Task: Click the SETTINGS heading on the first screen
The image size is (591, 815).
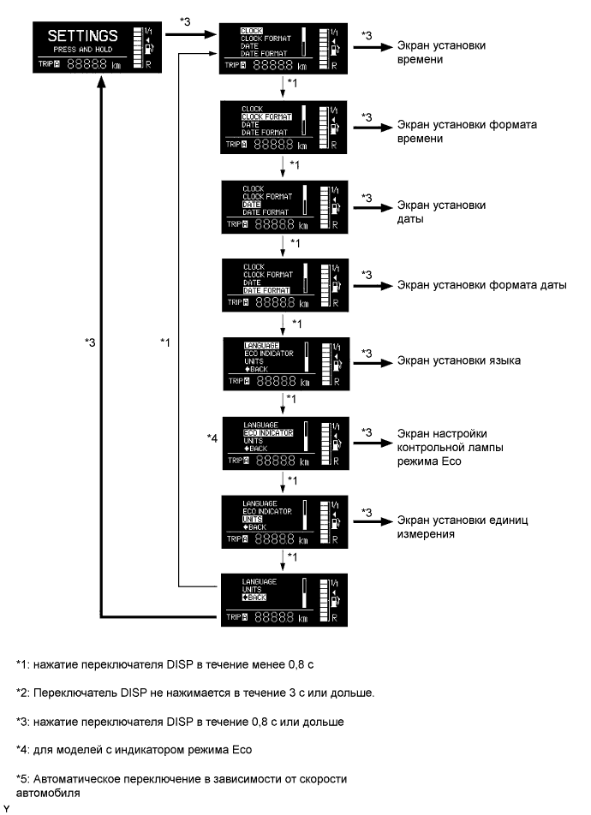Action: (82, 36)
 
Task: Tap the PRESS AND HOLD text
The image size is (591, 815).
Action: (82, 51)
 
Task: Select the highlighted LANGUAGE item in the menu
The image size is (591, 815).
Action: (261, 345)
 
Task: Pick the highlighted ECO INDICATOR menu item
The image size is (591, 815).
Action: (268, 433)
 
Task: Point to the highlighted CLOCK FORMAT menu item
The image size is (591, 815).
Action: (267, 116)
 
